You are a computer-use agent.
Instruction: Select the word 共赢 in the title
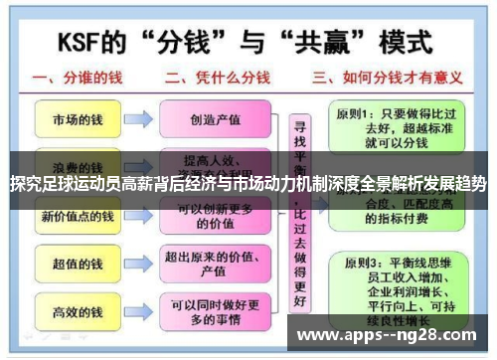click(327, 44)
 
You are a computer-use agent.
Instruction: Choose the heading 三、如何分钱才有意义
click(377, 79)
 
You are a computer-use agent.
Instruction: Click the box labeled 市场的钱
click(77, 119)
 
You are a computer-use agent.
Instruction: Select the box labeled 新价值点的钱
click(77, 216)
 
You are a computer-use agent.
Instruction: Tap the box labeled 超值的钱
click(77, 264)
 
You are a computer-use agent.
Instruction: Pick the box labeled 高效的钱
click(77, 312)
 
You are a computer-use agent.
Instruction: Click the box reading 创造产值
click(215, 119)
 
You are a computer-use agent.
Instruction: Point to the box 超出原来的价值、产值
click(215, 264)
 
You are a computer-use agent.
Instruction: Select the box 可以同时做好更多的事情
click(215, 312)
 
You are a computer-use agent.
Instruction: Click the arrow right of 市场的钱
click(138, 119)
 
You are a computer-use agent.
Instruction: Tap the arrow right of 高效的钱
click(138, 312)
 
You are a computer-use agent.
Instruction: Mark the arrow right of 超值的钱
click(138, 264)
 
